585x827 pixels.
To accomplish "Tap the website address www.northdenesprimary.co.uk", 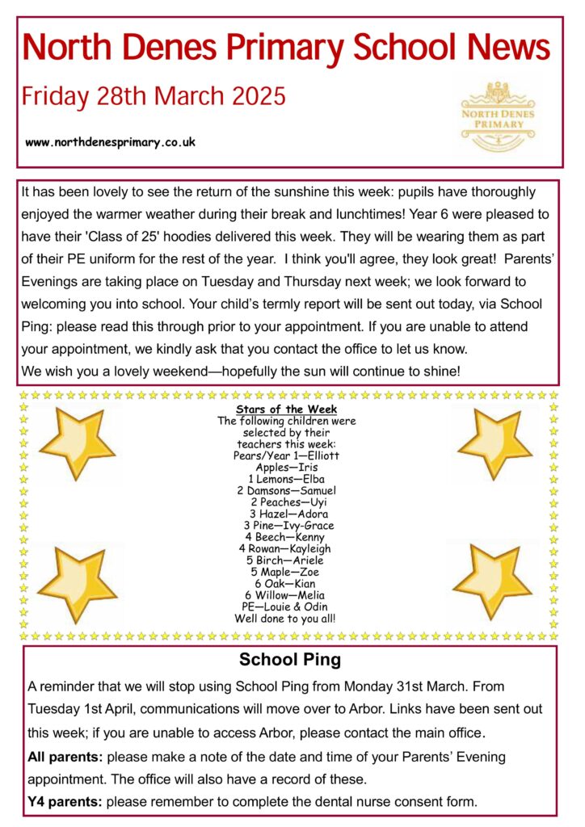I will coord(111,142).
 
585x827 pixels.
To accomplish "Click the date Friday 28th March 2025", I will coord(154,97).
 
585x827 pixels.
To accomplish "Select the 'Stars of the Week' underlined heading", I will coord(287,409).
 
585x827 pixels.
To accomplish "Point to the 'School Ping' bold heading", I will coord(290,660).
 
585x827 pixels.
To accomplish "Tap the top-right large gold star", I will coord(494,443).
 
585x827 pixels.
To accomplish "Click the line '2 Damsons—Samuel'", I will coord(287,490).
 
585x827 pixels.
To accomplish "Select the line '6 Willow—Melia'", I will coord(287,595).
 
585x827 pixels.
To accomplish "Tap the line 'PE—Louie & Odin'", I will coord(287,607).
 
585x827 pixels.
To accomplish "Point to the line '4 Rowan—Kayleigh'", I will coord(287,548).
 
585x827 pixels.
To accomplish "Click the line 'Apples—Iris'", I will coord(287,467).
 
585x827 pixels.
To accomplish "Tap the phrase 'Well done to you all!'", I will coord(287,619).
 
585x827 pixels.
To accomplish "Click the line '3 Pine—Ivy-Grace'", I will coord(287,525).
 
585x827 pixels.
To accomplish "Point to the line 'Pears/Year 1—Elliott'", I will coord(287,455).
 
